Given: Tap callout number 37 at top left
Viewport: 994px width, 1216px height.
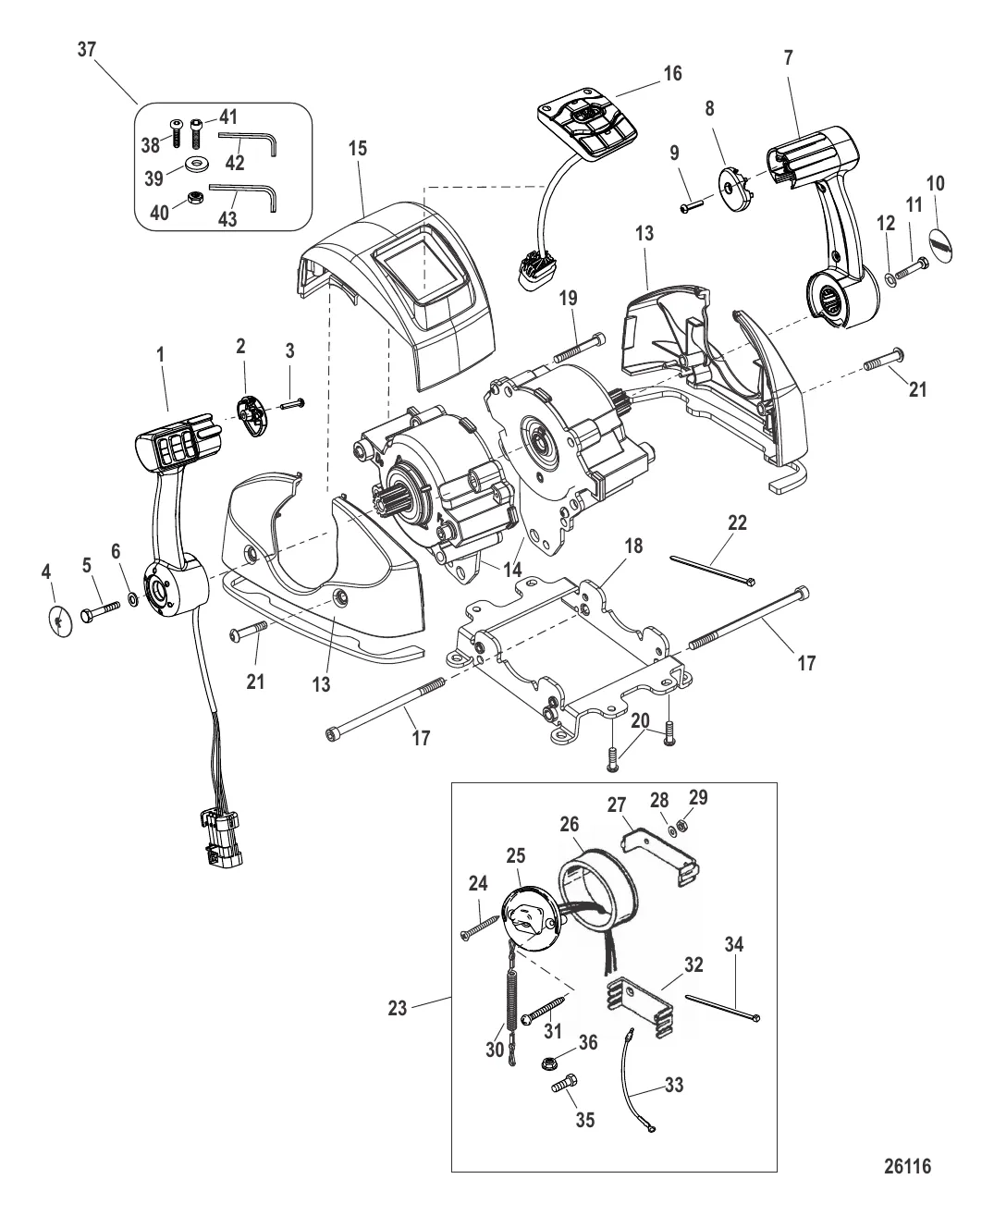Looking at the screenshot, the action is coord(87,50).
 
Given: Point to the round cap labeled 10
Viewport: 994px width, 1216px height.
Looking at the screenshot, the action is coord(940,247).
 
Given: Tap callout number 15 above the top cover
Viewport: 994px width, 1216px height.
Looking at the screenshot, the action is coord(358,149).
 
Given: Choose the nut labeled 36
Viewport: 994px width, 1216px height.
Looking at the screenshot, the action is coord(548,1062).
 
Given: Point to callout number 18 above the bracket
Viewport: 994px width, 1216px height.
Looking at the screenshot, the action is coord(633,546).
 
